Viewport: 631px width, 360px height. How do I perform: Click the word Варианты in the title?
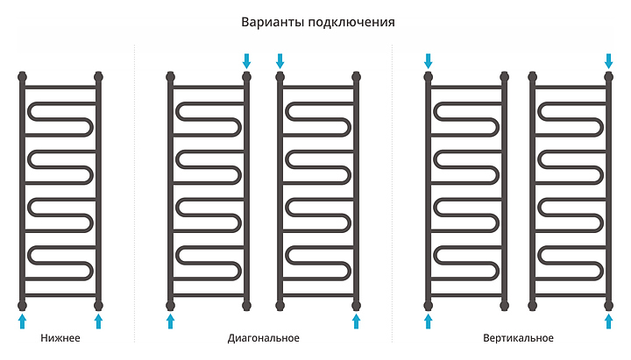(x=271, y=22)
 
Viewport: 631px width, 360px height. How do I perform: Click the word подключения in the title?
(x=350, y=22)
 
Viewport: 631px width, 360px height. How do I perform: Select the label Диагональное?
(x=263, y=338)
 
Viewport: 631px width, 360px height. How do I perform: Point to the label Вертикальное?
(x=518, y=338)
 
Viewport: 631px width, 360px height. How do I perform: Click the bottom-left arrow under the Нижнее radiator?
(x=22, y=321)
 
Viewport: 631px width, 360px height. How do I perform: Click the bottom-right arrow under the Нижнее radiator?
(x=99, y=321)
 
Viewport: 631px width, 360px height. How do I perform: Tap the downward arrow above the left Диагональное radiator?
(x=246, y=60)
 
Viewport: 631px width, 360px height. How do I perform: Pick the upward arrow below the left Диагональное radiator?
(x=170, y=321)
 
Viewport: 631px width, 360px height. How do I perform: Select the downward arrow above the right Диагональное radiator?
(x=280, y=60)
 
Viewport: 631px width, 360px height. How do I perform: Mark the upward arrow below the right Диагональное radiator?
(x=356, y=321)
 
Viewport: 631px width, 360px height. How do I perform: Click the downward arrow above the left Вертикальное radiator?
(x=429, y=60)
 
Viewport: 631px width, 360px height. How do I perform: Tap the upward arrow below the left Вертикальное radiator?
(x=429, y=321)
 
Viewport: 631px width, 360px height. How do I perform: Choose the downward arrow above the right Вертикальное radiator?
(x=608, y=60)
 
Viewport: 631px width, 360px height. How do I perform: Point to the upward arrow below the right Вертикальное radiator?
(x=608, y=321)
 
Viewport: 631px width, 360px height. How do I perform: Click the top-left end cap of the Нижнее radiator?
(x=22, y=76)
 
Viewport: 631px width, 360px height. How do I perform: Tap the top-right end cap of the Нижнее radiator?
(x=99, y=76)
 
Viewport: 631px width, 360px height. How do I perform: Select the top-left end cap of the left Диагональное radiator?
(x=170, y=76)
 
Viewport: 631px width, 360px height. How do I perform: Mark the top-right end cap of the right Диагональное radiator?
(x=356, y=76)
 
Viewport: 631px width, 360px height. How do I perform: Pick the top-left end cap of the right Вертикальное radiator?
(x=533, y=76)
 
